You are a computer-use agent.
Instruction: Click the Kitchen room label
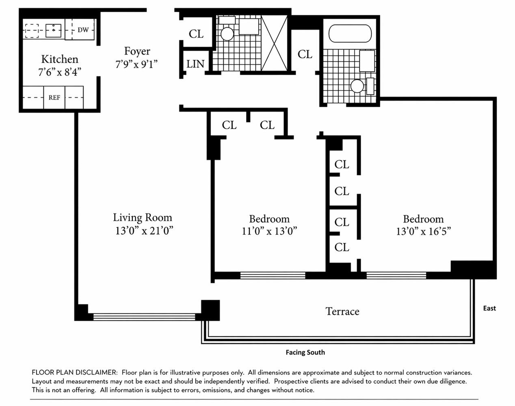pos(60,59)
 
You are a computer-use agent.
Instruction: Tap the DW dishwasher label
pos(83,30)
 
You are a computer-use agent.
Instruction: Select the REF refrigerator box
pos(54,97)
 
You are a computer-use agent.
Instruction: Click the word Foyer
pos(137,51)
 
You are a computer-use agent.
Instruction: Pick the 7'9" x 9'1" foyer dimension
pos(136,64)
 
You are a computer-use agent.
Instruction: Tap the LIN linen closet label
pos(195,64)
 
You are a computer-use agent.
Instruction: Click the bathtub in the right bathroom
pos(350,34)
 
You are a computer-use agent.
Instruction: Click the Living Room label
pos(143,218)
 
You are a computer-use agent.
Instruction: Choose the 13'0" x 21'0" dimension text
pos(144,231)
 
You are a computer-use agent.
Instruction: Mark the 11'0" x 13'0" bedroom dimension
pos(269,231)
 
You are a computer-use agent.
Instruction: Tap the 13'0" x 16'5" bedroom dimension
pos(423,231)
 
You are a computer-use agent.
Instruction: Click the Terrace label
pos(342,311)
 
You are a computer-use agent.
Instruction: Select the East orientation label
pos(489,308)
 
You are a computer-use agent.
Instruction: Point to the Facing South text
pos(305,352)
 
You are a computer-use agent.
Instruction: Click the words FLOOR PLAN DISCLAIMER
pos(74,372)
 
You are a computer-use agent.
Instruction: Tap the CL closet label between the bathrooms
pos(305,54)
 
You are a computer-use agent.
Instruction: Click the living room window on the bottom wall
pos(144,316)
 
